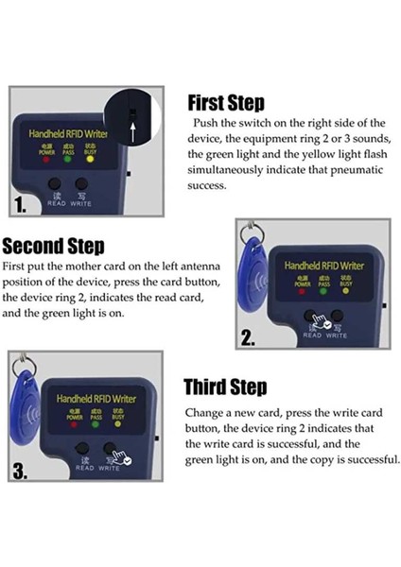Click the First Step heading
click(x=226, y=103)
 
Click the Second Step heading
click(x=54, y=246)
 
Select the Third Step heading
click(x=225, y=387)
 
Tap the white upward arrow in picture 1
click(x=133, y=131)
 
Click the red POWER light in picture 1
click(x=46, y=159)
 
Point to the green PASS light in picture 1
click(x=68, y=159)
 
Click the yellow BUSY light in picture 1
click(x=90, y=159)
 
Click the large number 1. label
click(x=20, y=205)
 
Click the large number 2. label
click(x=248, y=338)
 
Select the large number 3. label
click(x=20, y=472)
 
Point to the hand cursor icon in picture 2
click(x=321, y=322)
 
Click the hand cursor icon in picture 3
click(x=121, y=457)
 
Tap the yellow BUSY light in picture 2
click(x=346, y=290)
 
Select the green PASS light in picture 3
click(x=96, y=424)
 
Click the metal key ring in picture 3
click(x=24, y=366)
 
